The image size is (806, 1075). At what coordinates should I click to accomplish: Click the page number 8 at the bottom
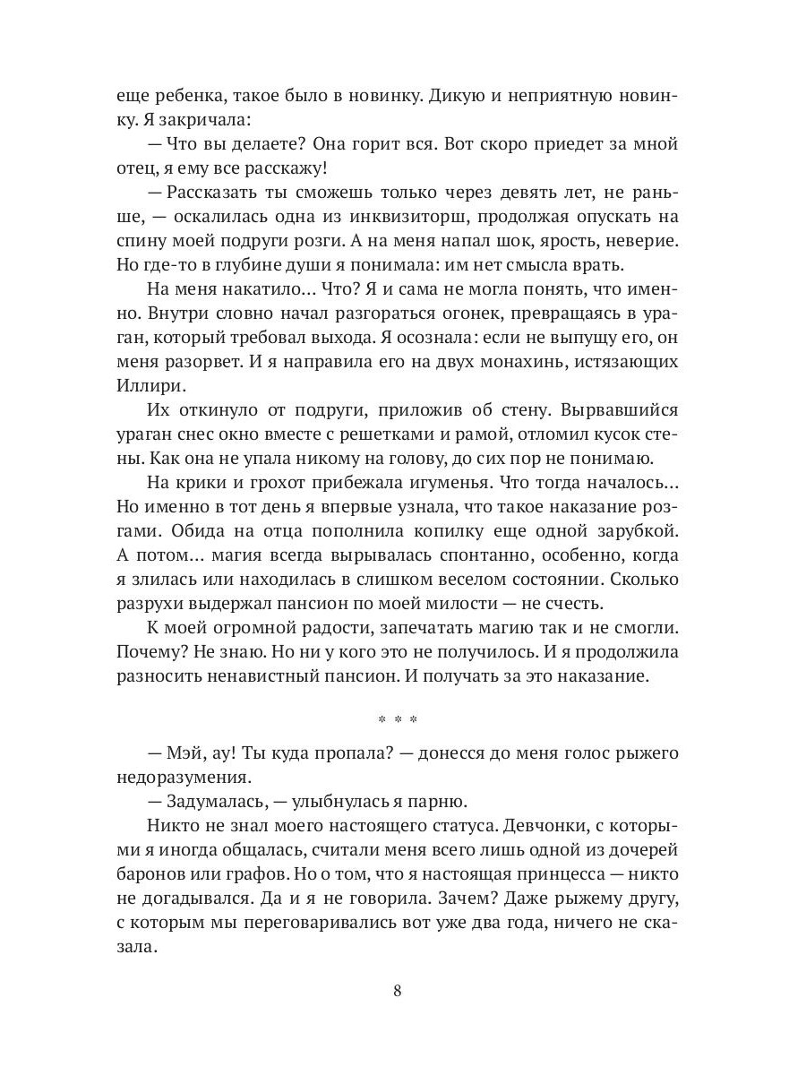398,991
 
